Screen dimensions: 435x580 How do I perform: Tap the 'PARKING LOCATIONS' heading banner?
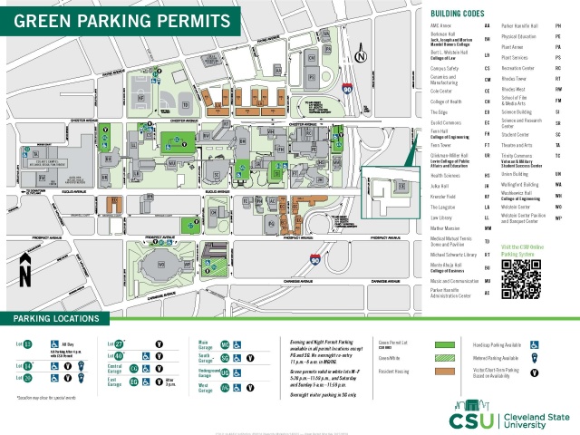pyautogui.click(x=56, y=319)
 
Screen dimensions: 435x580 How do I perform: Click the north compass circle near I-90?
pyautogui.click(x=361, y=56)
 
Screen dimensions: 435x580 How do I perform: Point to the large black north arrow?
pyautogui.click(x=25, y=269)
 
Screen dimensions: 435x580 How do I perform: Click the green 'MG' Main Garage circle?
pyautogui.click(x=225, y=345)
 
